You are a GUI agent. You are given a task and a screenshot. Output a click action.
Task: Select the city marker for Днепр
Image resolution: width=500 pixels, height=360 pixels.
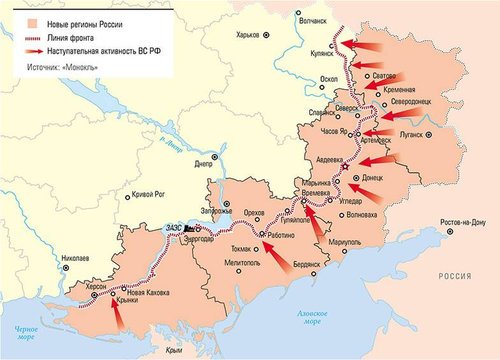click(214, 156)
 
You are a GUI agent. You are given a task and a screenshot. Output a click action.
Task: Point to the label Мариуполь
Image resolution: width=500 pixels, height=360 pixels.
click(345, 243)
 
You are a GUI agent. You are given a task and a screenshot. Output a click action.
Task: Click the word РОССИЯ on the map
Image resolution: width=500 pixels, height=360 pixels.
click(454, 276)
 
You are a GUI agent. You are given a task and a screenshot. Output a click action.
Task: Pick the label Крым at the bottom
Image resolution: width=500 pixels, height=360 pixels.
click(173, 350)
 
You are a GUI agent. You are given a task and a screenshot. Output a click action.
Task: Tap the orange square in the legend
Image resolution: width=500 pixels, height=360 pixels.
click(31, 24)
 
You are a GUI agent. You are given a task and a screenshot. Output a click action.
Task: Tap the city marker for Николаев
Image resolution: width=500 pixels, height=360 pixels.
click(66, 268)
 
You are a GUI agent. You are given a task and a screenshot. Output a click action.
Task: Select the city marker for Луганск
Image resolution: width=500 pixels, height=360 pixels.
click(429, 134)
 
